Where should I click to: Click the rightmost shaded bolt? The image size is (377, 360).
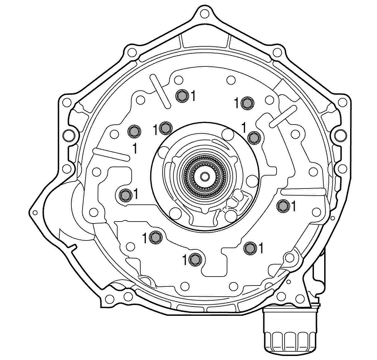click(283, 205)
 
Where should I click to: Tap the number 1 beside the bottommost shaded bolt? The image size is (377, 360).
click(185, 260)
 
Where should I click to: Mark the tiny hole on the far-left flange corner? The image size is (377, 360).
click(35, 213)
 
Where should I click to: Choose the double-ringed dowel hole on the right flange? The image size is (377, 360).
click(340, 134)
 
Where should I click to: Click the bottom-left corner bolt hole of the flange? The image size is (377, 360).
click(108, 299)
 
